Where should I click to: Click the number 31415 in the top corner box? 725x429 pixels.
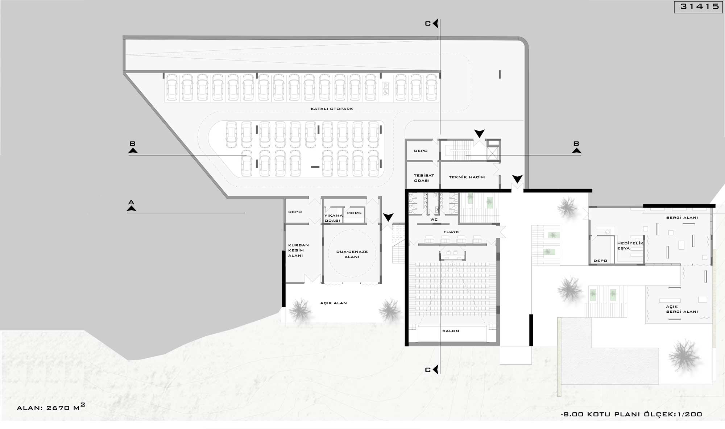pyautogui.click(x=700, y=7)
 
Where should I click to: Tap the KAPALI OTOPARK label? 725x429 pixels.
pyautogui.click(x=332, y=109)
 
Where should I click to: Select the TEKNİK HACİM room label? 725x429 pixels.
pyautogui.click(x=467, y=177)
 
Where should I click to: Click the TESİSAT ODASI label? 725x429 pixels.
pyautogui.click(x=423, y=178)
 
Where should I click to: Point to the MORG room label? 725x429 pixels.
pyautogui.click(x=354, y=213)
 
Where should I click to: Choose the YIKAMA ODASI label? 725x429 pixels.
pyautogui.click(x=333, y=218)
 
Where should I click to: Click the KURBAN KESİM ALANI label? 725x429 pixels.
pyautogui.click(x=298, y=250)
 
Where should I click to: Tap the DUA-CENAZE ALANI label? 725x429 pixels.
pyautogui.click(x=352, y=254)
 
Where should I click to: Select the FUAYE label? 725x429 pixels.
pyautogui.click(x=451, y=232)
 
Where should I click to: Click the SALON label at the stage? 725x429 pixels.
pyautogui.click(x=451, y=331)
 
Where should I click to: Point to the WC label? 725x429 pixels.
pyautogui.click(x=434, y=220)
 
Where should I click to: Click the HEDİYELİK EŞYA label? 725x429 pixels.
pyautogui.click(x=630, y=246)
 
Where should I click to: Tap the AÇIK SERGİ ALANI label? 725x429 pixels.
pyautogui.click(x=681, y=309)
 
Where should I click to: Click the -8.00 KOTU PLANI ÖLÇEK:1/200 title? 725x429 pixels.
pyautogui.click(x=631, y=414)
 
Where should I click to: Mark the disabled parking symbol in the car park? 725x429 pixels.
pyautogui.click(x=385, y=89)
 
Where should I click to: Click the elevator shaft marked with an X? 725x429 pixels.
pyautogui.click(x=493, y=154)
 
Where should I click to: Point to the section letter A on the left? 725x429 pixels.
pyautogui.click(x=131, y=202)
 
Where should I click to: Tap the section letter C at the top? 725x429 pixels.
pyautogui.click(x=428, y=24)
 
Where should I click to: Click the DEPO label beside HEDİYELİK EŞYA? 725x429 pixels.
pyautogui.click(x=600, y=261)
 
